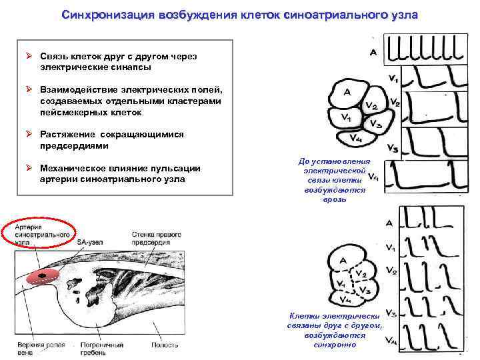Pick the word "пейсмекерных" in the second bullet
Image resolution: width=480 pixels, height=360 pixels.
[x=71, y=112]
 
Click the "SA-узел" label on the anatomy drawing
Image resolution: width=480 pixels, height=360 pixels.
[x=90, y=242]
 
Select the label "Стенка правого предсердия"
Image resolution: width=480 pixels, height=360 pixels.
[x=153, y=237]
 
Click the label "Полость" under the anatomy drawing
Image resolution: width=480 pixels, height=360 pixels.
[x=165, y=345]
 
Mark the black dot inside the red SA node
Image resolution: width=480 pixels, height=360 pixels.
[x=43, y=275]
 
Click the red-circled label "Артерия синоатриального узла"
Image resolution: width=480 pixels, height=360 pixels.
[x=38, y=235]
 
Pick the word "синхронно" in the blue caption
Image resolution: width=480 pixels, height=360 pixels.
[x=335, y=345]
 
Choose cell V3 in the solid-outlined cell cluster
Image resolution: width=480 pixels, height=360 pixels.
[x=375, y=125]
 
